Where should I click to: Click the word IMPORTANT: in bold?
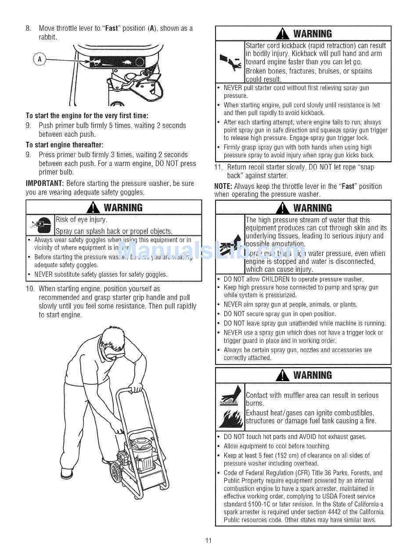45,184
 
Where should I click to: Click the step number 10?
30,289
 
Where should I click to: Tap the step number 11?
219,167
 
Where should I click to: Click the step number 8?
28,29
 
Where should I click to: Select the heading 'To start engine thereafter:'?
65,145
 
